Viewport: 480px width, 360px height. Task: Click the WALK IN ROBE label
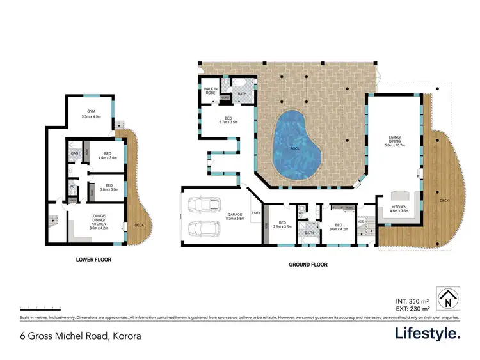tap(209, 91)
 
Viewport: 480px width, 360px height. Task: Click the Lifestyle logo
tap(426, 333)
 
